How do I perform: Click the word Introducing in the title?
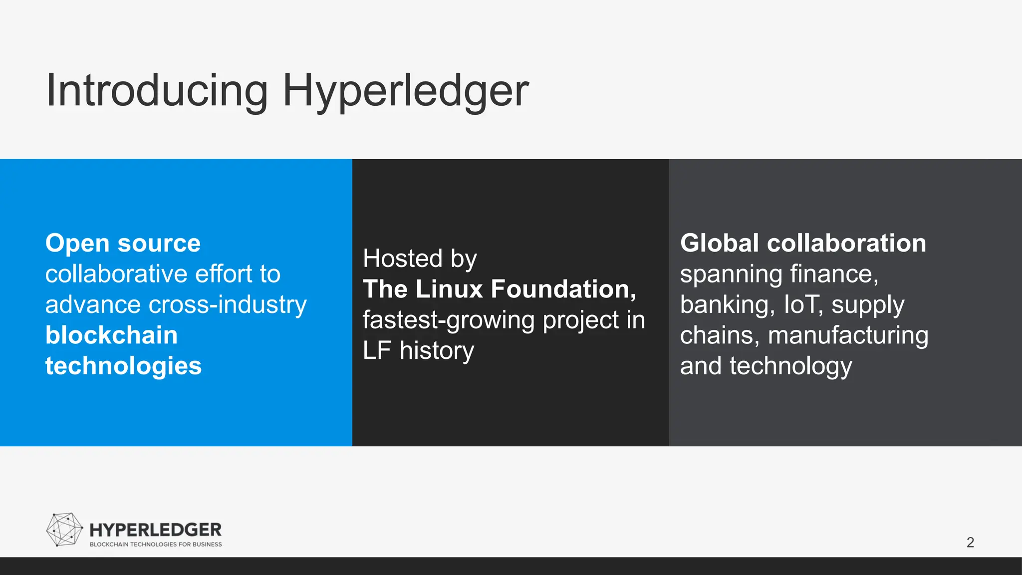157,90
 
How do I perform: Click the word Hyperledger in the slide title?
405,91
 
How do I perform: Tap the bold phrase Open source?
123,243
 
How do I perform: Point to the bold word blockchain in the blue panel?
111,335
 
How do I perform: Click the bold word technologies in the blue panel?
123,366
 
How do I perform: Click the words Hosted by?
420,259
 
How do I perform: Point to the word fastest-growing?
449,320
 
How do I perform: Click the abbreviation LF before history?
377,350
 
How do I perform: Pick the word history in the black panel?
437,350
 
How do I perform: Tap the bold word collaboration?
846,243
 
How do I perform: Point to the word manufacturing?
848,335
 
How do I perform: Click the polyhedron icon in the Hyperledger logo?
64,530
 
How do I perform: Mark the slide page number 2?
970,542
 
